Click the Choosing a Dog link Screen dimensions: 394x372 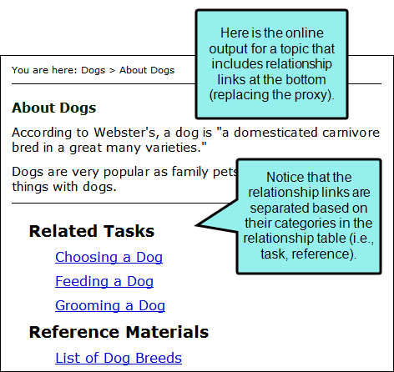[x=109, y=257]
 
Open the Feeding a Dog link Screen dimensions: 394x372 [x=104, y=281]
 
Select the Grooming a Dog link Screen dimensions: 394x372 [x=110, y=305]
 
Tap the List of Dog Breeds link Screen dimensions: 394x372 [x=119, y=358]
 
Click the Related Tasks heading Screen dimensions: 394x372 [x=92, y=231]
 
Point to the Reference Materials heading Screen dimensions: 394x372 [x=119, y=332]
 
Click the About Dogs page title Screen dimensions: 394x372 [x=54, y=108]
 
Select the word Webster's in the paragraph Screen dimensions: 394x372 [x=126, y=133]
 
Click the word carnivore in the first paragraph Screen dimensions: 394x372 [x=351, y=133]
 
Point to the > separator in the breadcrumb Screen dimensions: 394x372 [x=112, y=70]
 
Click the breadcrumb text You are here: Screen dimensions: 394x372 [x=44, y=70]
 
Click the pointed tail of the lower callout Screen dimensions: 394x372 [x=196, y=225]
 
